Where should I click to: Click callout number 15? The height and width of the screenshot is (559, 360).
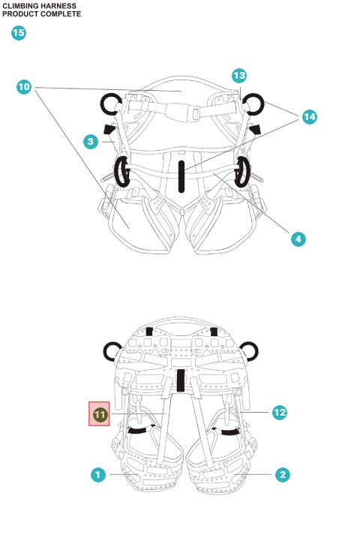18,33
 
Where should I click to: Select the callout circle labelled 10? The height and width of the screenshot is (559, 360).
24,87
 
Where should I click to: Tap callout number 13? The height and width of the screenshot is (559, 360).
238,76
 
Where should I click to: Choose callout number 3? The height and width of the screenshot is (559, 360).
90,141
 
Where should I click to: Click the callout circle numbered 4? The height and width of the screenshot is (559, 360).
298,239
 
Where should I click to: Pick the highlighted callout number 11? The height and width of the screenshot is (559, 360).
100,413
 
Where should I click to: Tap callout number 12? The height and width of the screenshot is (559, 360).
279,412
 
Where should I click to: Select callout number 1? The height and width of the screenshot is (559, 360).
97,474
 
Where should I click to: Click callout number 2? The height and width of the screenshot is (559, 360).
282,474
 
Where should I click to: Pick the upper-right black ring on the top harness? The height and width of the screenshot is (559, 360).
251,102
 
